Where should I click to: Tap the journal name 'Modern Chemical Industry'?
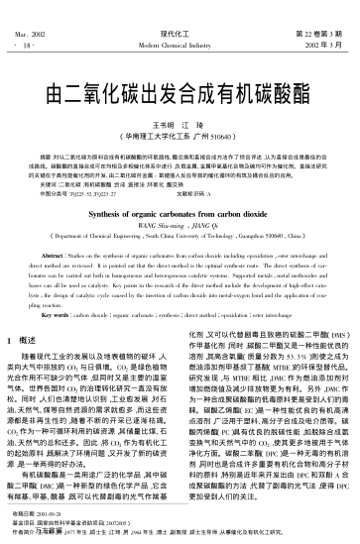click(180, 20)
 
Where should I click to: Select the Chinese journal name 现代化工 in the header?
click(180, 8)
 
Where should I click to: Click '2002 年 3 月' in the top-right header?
click(326, 20)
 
